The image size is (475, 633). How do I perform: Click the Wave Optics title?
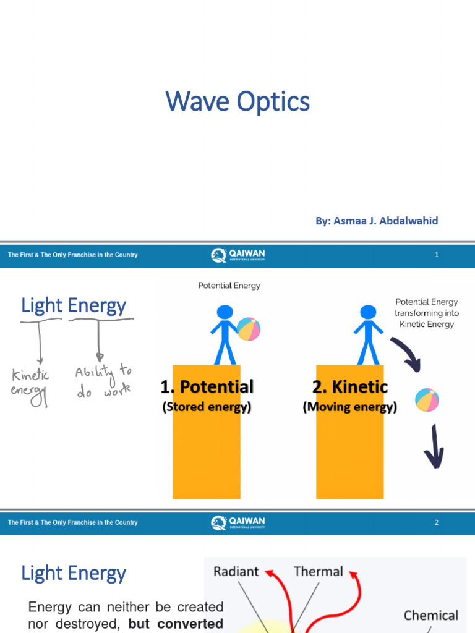[237, 102]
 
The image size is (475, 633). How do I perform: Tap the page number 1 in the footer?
[437, 255]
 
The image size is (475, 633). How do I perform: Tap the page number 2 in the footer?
[437, 522]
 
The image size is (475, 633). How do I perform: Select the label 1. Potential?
[207, 387]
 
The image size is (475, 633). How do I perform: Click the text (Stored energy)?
[207, 407]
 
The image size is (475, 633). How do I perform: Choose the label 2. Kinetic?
[350, 387]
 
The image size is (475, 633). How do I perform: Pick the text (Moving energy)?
[350, 407]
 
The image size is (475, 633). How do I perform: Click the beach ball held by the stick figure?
[249, 329]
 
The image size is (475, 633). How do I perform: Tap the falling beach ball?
[427, 400]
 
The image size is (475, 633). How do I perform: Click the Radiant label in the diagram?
[236, 572]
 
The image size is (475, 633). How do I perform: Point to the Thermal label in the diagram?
[318, 572]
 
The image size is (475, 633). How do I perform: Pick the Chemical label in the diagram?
[430, 615]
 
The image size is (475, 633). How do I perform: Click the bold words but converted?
[176, 624]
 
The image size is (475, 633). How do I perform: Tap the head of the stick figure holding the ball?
[225, 312]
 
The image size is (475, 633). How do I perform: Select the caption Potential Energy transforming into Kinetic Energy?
[427, 313]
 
